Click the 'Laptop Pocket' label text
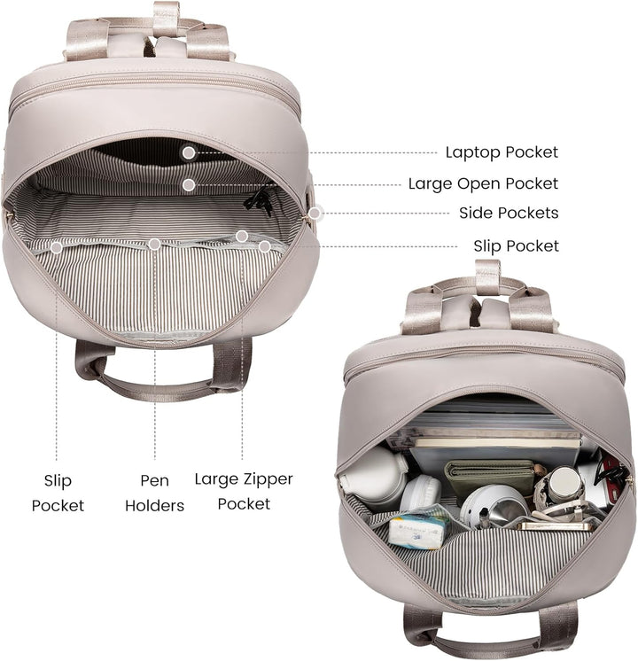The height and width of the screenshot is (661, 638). click(x=502, y=152)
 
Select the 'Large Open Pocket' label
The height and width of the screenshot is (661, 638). click(x=483, y=183)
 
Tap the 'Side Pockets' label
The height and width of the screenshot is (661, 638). click(x=509, y=213)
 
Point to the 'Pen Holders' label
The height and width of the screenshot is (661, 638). click(x=155, y=493)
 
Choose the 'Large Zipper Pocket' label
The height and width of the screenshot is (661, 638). click(x=244, y=492)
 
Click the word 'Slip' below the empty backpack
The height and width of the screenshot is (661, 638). click(x=58, y=480)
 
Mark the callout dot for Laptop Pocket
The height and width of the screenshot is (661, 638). click(x=189, y=152)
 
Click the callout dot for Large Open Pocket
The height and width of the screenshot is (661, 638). click(x=189, y=184)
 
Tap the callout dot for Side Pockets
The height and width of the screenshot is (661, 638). click(x=315, y=214)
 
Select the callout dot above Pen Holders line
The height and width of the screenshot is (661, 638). click(x=155, y=244)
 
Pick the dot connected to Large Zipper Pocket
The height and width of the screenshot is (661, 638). click(x=242, y=237)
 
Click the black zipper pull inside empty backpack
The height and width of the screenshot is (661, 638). click(x=259, y=201)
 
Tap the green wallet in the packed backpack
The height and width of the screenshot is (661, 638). click(x=489, y=478)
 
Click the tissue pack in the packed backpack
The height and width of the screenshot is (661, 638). click(x=417, y=531)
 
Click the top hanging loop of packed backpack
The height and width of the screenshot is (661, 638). click(x=488, y=274)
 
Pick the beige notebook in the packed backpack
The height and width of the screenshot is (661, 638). click(x=498, y=444)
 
